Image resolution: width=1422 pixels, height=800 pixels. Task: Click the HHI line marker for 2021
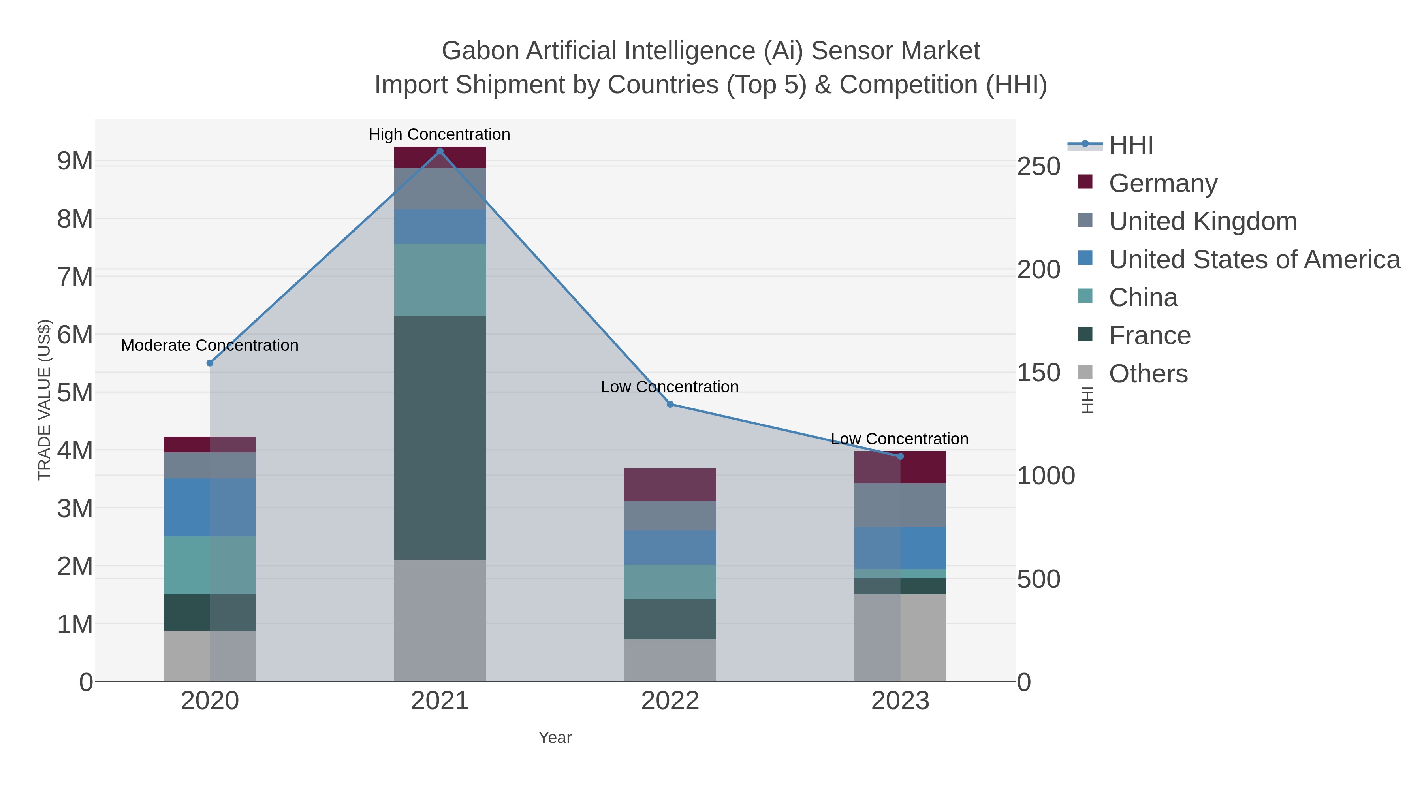pyautogui.click(x=440, y=151)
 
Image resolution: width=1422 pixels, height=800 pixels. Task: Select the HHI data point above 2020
pyautogui.click(x=210, y=363)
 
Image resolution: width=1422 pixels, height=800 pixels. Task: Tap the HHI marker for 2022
pyautogui.click(x=670, y=404)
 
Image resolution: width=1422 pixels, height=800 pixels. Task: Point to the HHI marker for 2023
pyautogui.click(x=900, y=456)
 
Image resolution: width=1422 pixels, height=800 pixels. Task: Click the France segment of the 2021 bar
pyautogui.click(x=440, y=437)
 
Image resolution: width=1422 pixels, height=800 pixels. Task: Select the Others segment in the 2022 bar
pyautogui.click(x=670, y=660)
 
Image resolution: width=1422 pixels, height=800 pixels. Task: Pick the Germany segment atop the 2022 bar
pyautogui.click(x=670, y=484)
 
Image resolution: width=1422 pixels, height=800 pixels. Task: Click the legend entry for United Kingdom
pyautogui.click(x=1202, y=221)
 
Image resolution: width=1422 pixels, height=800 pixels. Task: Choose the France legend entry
pyautogui.click(x=1149, y=336)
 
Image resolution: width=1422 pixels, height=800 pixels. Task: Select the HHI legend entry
pyautogui.click(x=1130, y=145)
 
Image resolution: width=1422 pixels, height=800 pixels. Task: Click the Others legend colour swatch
pyautogui.click(x=1085, y=372)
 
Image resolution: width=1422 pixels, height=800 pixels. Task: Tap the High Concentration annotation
pyautogui.click(x=439, y=134)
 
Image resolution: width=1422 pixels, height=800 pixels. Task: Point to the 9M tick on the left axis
pyautogui.click(x=75, y=161)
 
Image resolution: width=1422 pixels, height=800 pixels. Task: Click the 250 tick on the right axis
pyautogui.click(x=1038, y=167)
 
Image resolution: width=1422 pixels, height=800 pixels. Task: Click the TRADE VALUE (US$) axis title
pyautogui.click(x=44, y=400)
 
